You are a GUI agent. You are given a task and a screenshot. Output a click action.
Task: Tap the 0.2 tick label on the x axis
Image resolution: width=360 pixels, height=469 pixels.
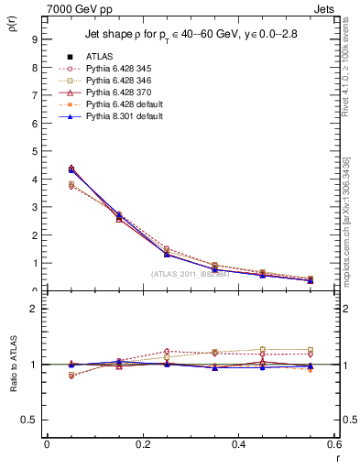[x=142, y=443]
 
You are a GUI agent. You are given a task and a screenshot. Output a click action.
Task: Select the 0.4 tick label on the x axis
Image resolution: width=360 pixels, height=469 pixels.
[x=238, y=443]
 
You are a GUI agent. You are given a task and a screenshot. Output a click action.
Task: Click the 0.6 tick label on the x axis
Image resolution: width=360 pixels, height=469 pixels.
[x=333, y=443]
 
